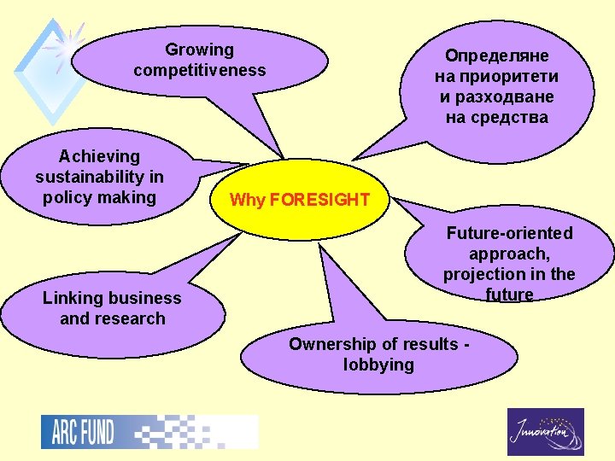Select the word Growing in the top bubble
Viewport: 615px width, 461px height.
[x=199, y=50]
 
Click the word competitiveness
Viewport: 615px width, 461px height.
[x=199, y=70]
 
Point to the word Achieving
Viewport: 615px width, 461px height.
[x=99, y=157]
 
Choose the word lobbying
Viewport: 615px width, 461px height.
[x=378, y=365]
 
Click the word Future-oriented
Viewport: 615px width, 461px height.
[x=509, y=233]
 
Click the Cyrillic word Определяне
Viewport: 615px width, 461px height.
[x=496, y=56]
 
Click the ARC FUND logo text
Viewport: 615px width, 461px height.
[x=78, y=432]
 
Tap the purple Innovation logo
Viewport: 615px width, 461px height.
[x=545, y=432]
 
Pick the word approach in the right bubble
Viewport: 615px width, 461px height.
[x=507, y=254]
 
